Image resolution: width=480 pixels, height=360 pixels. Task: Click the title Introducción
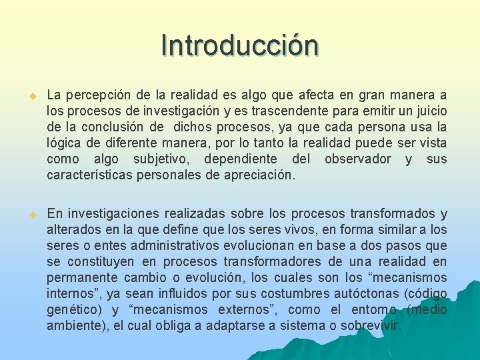[240, 45]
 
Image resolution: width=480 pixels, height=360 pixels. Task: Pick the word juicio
[431, 111]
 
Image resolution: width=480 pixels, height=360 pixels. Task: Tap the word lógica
[64, 143]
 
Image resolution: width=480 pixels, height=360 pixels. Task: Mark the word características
[90, 175]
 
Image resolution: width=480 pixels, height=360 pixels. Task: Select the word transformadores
[275, 261]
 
